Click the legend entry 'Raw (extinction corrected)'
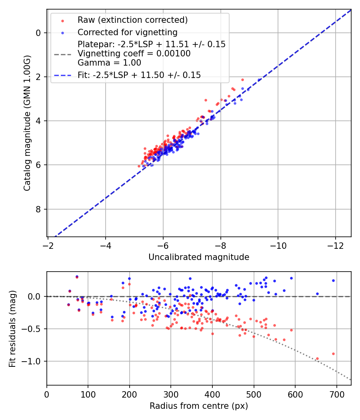pyautogui.click(x=132, y=20)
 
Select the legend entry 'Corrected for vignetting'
pyautogui.click(x=128, y=32)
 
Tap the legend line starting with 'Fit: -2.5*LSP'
pyautogui.click(x=139, y=75)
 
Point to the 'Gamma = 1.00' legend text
pyautogui.click(x=109, y=63)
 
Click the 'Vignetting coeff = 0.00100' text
pyautogui.click(x=134, y=54)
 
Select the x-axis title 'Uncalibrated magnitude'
pyautogui.click(x=199, y=257)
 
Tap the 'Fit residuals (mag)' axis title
pyautogui.click(x=12, y=328)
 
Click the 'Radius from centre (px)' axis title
pyautogui.click(x=199, y=406)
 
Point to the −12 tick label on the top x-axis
pyautogui.click(x=335, y=245)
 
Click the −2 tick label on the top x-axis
pyautogui.click(x=48, y=245)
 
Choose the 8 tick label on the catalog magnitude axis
pyautogui.click(x=38, y=209)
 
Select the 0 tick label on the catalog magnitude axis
pyautogui.click(x=38, y=33)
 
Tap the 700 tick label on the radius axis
pyautogui.click(x=336, y=394)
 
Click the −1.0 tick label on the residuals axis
pyautogui.click(x=32, y=362)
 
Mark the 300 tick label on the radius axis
pyautogui.click(x=171, y=394)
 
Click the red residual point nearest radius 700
pyautogui.click(x=334, y=354)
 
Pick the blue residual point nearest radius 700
pyautogui.click(x=334, y=281)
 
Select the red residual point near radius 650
pyautogui.click(x=318, y=359)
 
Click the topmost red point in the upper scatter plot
pyautogui.click(x=243, y=80)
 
